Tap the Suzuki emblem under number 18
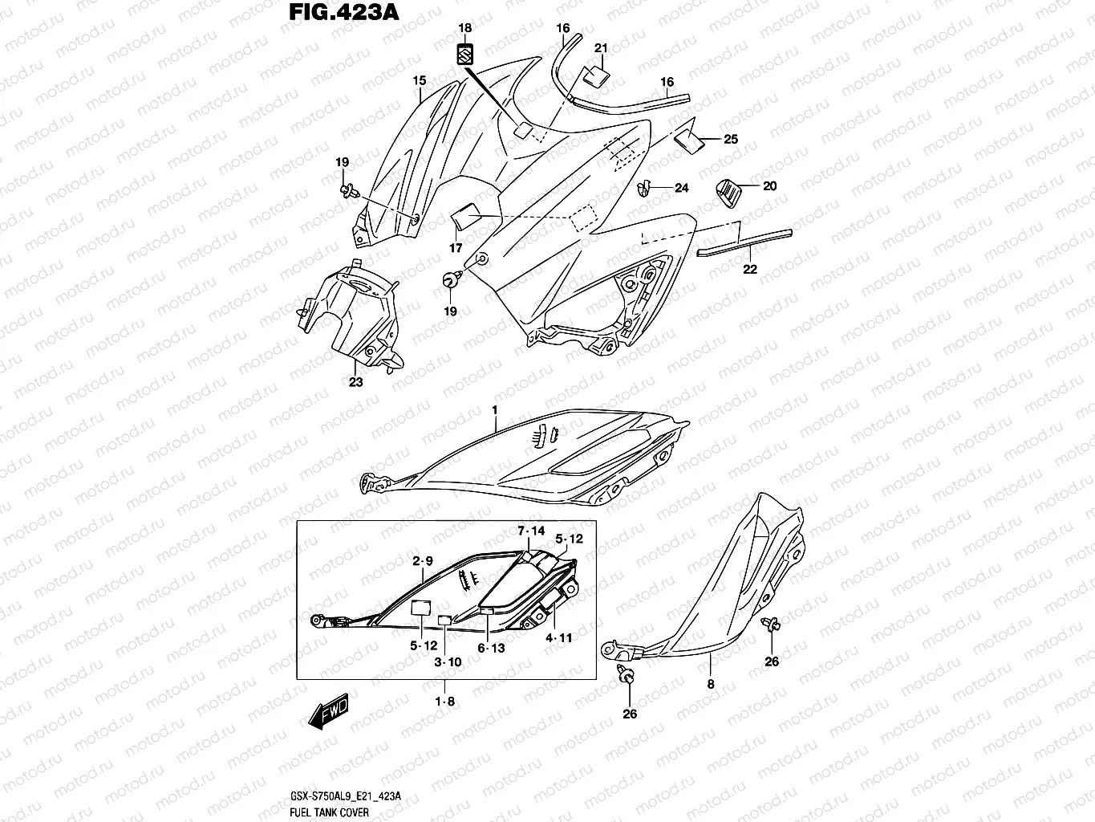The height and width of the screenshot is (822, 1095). point(464,54)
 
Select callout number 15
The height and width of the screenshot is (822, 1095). point(419,81)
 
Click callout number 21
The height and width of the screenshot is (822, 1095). point(601,49)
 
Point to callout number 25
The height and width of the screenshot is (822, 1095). point(730,139)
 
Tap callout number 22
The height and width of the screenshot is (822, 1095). point(749,270)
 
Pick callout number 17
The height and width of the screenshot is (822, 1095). point(456,248)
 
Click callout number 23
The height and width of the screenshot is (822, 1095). point(355,382)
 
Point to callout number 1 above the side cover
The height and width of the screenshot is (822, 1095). point(495,410)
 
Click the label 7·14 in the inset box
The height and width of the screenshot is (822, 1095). point(531,531)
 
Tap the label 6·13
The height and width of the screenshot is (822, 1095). point(491,648)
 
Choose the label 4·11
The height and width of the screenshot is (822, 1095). point(558,638)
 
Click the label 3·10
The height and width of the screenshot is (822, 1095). point(448,662)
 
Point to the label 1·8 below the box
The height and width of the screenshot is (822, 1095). point(445,701)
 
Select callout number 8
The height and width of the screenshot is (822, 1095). point(710,685)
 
